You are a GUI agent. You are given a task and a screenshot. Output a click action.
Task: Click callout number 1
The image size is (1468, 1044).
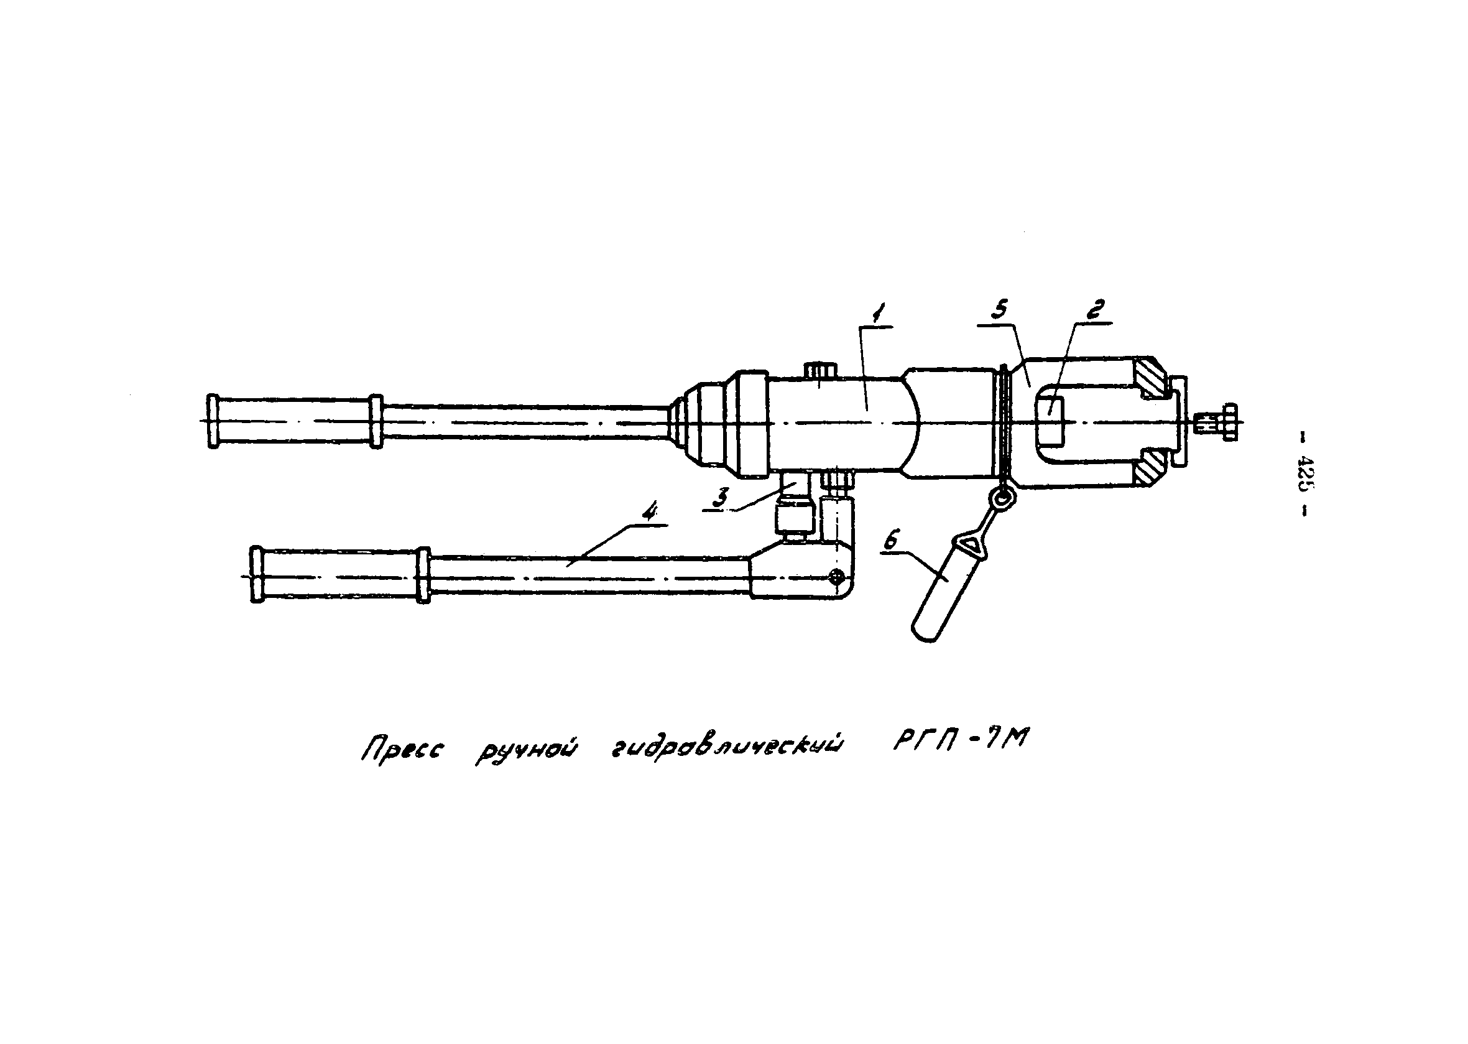pos(877,314)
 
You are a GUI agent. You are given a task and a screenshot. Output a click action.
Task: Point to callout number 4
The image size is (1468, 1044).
pos(650,513)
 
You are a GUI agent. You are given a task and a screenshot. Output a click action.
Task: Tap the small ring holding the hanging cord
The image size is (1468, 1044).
pos(1001,496)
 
